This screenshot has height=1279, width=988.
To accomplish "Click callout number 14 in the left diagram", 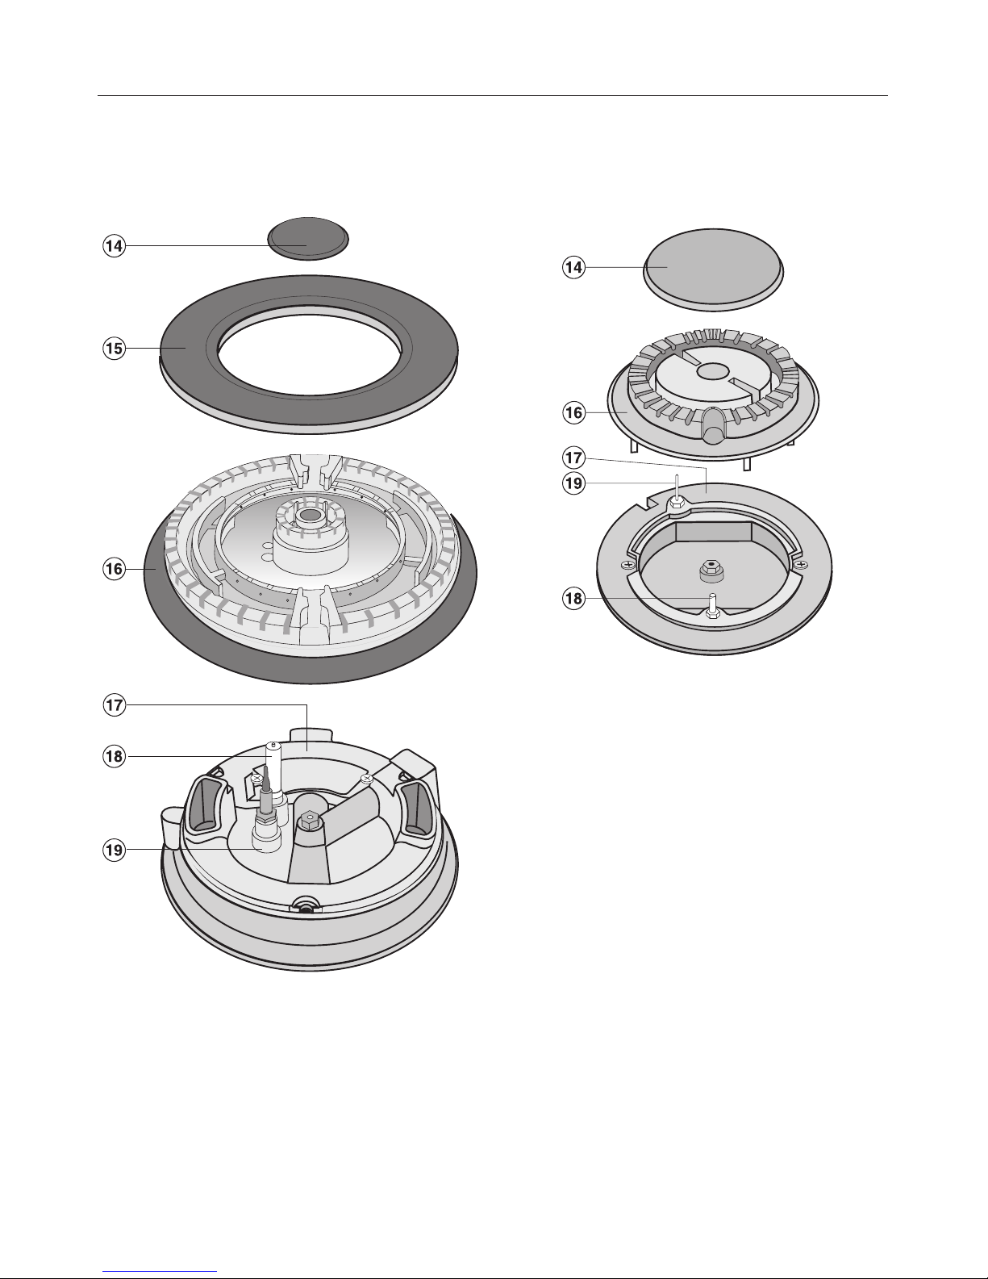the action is coord(114,245).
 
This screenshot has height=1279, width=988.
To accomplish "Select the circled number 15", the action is coord(114,349).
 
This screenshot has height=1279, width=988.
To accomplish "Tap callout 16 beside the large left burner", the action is coord(114,569).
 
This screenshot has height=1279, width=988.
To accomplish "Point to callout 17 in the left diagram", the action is coord(114,704).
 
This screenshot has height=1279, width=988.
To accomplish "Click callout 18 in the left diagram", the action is coord(114,756).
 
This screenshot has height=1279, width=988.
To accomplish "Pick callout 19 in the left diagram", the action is coord(114,850).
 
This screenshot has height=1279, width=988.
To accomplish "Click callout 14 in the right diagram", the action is coord(574,267).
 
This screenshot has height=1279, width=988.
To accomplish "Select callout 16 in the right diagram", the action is coord(574,412).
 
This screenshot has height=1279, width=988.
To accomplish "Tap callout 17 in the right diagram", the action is coord(574,458).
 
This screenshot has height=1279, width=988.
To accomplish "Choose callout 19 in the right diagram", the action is coord(574,483).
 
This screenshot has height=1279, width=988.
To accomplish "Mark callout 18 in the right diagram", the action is coord(574,599).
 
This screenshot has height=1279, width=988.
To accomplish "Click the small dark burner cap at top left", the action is coord(308,238).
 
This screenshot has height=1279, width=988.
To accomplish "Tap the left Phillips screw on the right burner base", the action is coord(628,565).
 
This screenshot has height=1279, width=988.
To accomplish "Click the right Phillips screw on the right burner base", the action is coord(800,565).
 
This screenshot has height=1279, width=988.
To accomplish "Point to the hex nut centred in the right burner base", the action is coord(711,570).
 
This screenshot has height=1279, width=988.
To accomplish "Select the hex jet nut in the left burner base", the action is coord(310,819).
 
